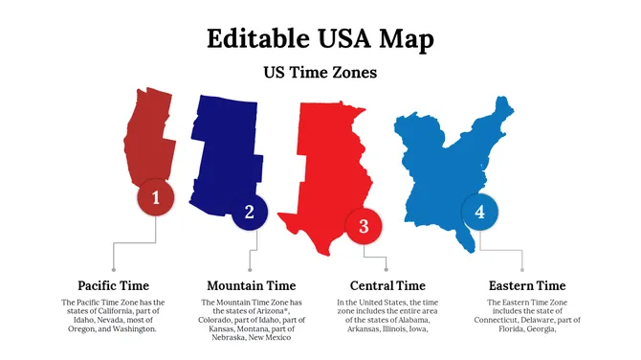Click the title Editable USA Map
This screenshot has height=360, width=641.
[x=320, y=38]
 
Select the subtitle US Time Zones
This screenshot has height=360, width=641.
[x=320, y=72]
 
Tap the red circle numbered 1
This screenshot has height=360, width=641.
[x=156, y=198]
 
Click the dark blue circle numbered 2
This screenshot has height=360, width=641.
[x=250, y=212]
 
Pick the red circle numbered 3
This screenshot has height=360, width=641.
[x=364, y=226]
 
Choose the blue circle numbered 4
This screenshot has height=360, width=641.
[x=479, y=212]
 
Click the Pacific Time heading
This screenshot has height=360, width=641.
[x=113, y=285]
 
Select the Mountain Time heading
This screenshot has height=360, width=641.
[x=252, y=285]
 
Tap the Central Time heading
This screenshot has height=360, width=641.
[x=387, y=285]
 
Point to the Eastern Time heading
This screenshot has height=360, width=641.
[x=527, y=285]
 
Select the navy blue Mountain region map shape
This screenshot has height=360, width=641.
[x=225, y=144]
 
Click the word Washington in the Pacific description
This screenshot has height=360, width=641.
[x=133, y=328]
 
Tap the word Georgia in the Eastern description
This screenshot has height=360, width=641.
[x=541, y=328]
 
